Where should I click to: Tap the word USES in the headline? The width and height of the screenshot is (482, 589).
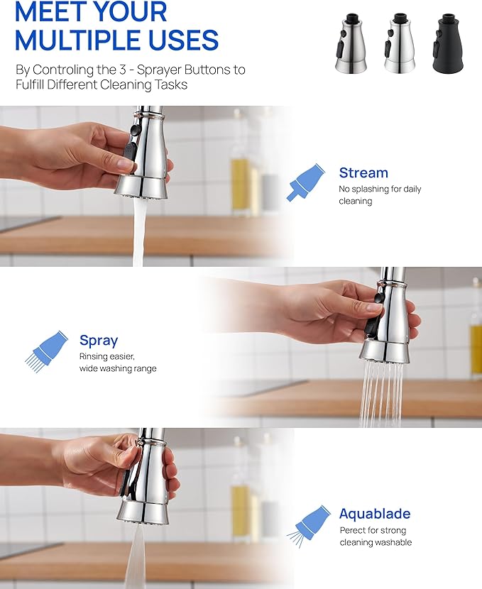pyautogui.click(x=177, y=40)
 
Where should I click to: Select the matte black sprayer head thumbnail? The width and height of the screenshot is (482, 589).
pyautogui.click(x=447, y=43)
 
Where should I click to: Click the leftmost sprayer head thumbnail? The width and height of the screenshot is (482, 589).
pyautogui.click(x=351, y=43)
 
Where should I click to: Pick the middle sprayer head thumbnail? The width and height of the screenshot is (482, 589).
pyautogui.click(x=399, y=43)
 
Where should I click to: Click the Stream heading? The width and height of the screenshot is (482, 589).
pyautogui.click(x=363, y=172)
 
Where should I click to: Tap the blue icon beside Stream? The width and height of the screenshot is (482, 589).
pyautogui.click(x=305, y=182)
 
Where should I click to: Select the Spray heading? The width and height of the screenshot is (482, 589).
pyautogui.click(x=99, y=340)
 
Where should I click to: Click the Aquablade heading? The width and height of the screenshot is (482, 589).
pyautogui.click(x=374, y=514)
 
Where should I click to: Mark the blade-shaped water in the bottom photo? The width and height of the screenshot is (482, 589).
pyautogui.click(x=136, y=557)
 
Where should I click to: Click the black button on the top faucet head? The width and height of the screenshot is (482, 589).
pyautogui.click(x=129, y=152)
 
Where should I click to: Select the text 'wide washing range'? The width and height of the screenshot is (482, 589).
pyautogui.click(x=118, y=368)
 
